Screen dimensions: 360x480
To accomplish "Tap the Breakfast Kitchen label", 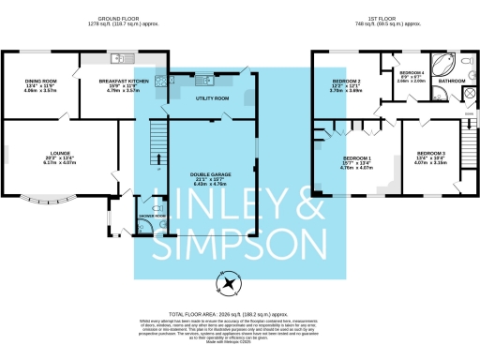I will click(118, 82).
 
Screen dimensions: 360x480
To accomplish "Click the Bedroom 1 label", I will click(357, 158).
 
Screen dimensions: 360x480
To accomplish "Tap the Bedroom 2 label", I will click(348, 81).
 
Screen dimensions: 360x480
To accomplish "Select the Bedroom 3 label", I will click(430, 153).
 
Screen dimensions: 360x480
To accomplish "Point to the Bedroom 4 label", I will click(412, 72).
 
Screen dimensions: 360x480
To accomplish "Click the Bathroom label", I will click(451, 82).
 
